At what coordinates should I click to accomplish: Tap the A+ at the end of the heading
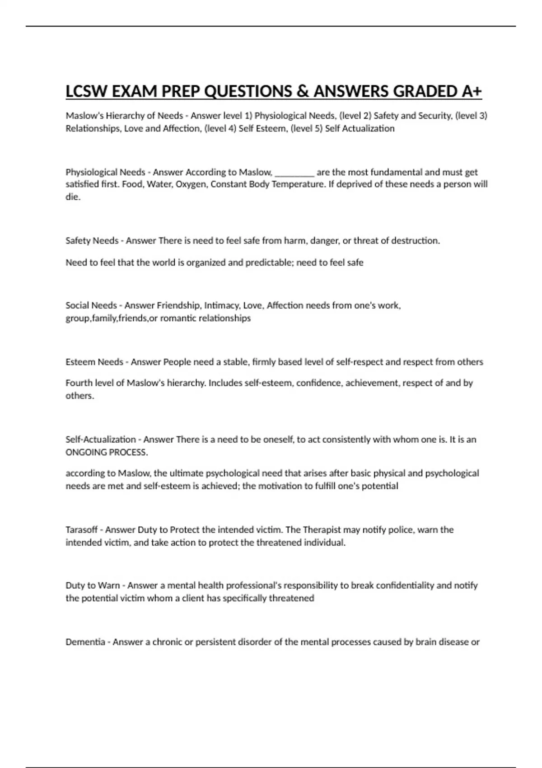pos(472,92)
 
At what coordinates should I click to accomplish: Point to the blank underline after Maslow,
pos(294,173)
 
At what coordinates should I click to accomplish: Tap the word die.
pos(73,197)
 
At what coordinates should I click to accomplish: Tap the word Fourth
pos(79,383)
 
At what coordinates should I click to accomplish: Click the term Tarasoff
pos(81,530)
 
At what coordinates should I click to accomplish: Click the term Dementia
pos(85,642)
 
